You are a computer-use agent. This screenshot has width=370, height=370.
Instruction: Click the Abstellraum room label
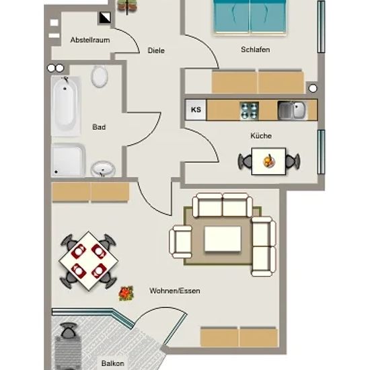(90, 40)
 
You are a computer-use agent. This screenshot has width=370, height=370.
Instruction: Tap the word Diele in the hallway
(156, 50)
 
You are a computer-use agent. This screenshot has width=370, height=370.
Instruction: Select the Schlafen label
(256, 50)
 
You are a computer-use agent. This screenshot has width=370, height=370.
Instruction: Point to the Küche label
(261, 136)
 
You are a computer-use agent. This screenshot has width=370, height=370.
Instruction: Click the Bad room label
(99, 127)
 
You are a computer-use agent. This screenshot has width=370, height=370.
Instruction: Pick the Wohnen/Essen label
(175, 291)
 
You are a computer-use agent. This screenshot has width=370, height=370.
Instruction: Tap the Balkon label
(112, 363)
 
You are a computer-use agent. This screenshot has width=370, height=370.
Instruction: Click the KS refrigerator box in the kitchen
(196, 110)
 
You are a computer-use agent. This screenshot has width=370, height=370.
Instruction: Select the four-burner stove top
(249, 110)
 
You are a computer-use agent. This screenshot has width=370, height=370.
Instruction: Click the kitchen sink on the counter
(292, 110)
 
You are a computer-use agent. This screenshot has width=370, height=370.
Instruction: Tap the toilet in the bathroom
(100, 76)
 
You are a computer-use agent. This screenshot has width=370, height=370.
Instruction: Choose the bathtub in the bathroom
(65, 106)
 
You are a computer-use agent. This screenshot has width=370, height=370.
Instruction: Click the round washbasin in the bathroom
(103, 169)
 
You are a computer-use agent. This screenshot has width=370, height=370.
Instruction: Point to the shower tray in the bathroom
(68, 160)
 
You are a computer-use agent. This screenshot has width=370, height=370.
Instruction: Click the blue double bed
(250, 17)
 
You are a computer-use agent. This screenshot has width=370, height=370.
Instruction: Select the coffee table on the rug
(223, 239)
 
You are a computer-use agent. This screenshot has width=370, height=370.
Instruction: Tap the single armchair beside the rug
(181, 242)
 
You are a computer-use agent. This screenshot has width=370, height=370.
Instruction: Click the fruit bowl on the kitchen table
(269, 161)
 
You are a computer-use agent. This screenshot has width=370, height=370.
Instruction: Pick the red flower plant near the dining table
(126, 293)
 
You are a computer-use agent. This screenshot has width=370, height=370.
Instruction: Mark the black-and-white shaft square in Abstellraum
(105, 17)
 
